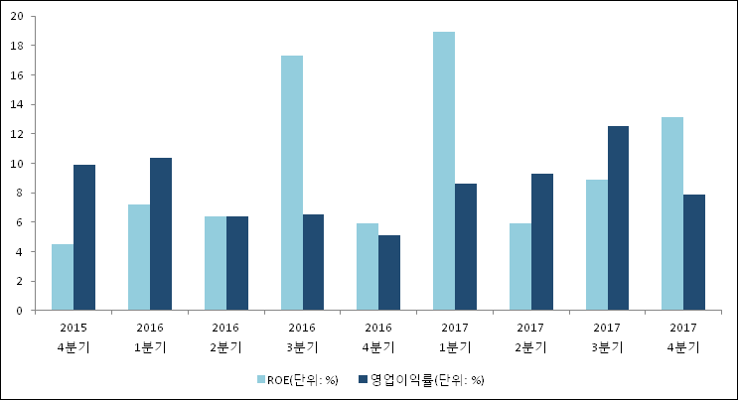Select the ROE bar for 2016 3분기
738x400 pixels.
click(291, 183)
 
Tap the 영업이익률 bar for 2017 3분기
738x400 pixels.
click(618, 218)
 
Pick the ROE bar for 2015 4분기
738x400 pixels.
click(63, 277)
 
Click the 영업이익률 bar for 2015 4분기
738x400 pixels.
click(84, 237)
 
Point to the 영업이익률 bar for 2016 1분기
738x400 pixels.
click(161, 234)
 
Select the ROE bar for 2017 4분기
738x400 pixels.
click(672, 213)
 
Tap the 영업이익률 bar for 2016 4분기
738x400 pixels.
click(389, 273)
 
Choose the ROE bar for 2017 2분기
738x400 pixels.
click(520, 267)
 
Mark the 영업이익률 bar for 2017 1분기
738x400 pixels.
click(466, 247)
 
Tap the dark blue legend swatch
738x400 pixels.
click(364, 379)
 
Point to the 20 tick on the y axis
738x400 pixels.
click(17, 16)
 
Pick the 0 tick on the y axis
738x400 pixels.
click(20, 311)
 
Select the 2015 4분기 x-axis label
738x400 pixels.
click(74, 337)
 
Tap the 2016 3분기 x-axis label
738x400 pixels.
click(302, 337)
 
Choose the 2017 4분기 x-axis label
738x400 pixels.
click(683, 337)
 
